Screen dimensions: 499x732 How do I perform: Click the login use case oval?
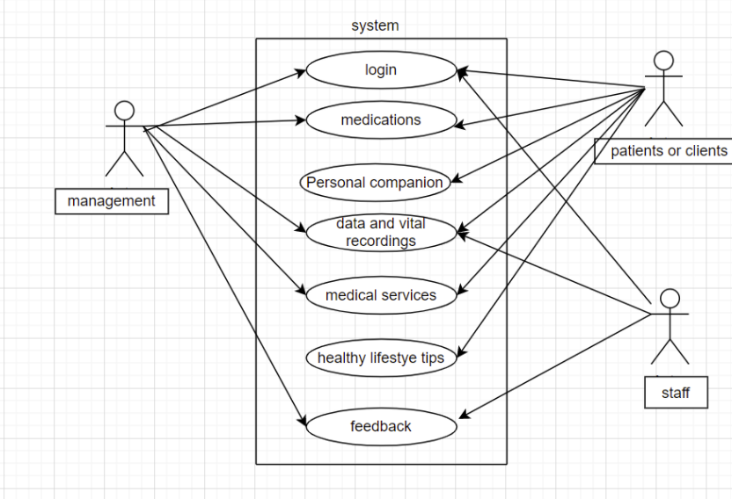381,70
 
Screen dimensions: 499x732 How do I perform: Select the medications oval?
381,120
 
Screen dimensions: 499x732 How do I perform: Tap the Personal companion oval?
375,183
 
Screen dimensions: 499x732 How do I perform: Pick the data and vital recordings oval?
381,232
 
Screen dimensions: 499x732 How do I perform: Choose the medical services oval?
381,295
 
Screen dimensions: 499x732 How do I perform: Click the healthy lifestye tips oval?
381,358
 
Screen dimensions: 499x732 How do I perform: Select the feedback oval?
381,426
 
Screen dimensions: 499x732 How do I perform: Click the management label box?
111,201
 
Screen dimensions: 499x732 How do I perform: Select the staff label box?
676,393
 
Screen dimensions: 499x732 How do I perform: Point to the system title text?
375,25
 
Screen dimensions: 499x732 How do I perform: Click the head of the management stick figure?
125,111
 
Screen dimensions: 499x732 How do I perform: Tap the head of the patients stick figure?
663,61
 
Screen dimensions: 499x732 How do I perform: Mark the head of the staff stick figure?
670,297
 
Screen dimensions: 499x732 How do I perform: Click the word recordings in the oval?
381,241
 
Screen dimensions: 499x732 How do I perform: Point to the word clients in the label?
704,151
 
